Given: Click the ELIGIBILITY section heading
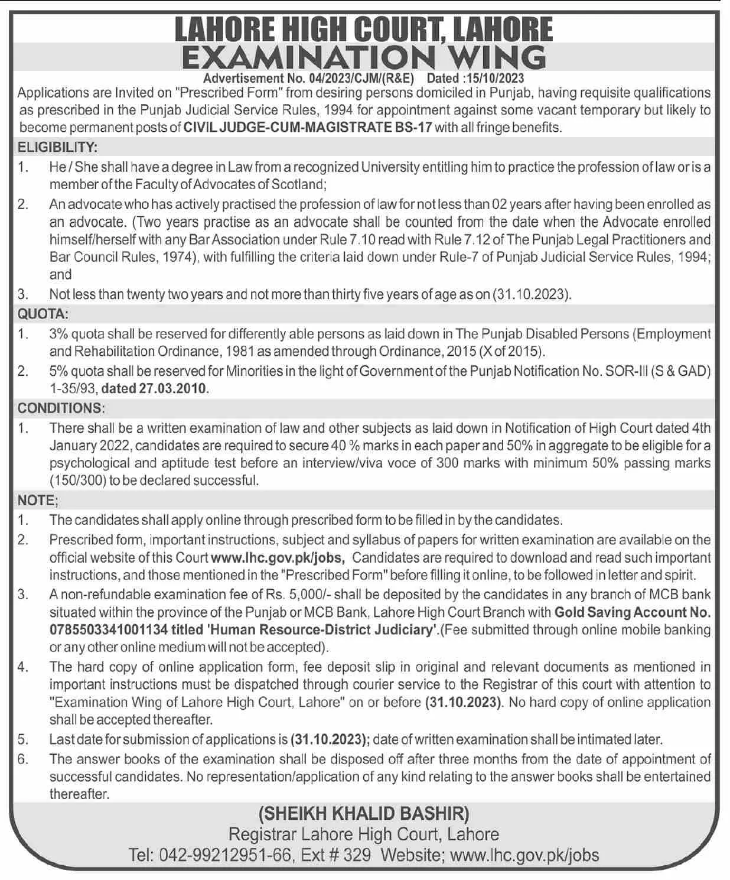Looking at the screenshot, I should (x=57, y=147).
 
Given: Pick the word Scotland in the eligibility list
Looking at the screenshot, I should (x=299, y=184).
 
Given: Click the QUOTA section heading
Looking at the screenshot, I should (x=43, y=314).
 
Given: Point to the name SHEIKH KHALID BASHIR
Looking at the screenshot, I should (x=364, y=814).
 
